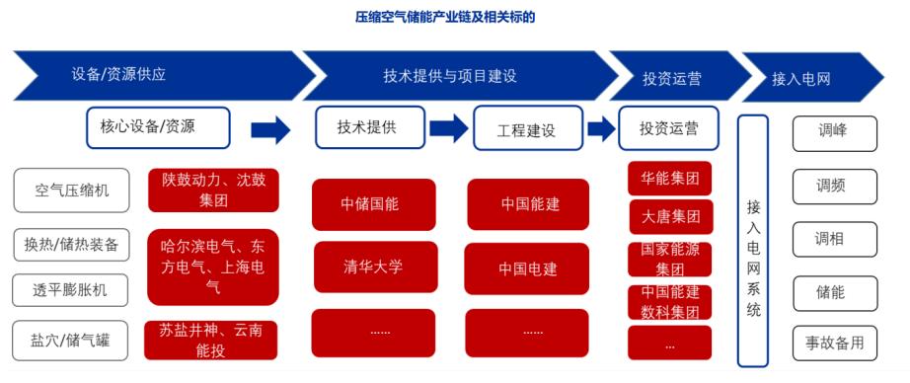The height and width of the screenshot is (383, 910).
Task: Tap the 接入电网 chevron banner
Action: [813, 77]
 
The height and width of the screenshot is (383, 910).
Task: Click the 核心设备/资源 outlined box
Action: [158, 127]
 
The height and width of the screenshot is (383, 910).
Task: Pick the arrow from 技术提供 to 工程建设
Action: [448, 127]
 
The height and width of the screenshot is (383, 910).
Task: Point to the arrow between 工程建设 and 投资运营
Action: [601, 127]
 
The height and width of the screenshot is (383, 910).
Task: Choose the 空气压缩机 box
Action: [71, 191]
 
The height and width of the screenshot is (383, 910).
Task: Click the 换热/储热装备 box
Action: [71, 244]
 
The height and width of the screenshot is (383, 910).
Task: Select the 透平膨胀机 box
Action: [71, 290]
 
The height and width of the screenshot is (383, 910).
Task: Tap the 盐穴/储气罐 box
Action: [71, 340]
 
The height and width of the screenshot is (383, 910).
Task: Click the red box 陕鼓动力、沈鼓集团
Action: [213, 191]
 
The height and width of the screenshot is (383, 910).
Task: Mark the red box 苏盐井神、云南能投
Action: [210, 340]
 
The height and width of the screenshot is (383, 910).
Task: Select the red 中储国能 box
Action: [374, 204]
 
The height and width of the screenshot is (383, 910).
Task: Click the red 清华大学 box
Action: [375, 267]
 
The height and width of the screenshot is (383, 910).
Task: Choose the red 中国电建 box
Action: [528, 268]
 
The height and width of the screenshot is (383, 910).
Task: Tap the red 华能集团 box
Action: [670, 178]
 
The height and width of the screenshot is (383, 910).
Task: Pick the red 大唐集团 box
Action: [671, 217]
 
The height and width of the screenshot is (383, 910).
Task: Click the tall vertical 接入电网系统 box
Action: [753, 241]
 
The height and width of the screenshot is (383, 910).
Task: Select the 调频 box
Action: [835, 187]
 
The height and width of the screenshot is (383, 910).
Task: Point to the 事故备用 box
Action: [835, 343]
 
